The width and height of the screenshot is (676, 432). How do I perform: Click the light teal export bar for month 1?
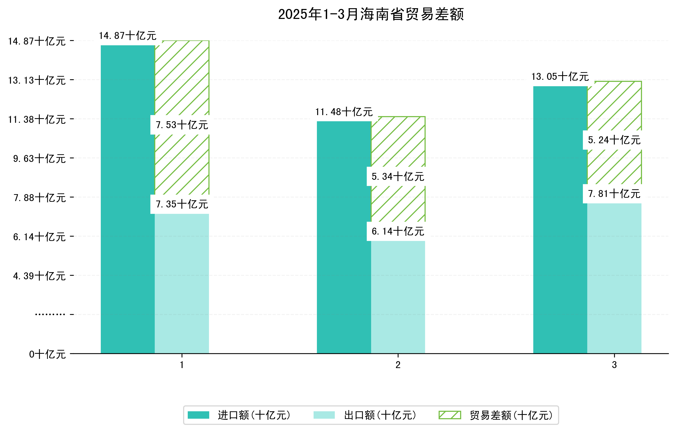pos(182,283)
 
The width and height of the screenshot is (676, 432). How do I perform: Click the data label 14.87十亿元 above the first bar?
pos(128,36)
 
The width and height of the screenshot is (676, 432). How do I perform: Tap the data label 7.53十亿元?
pos(182,125)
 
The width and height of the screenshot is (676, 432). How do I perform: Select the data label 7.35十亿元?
pos(182,204)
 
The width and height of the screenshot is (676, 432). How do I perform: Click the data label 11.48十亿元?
pos(344,112)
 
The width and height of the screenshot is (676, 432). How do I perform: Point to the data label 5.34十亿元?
pos(398,176)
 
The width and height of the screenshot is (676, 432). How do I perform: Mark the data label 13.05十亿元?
pos(560,77)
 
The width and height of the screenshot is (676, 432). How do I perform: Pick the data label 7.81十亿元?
pos(614,194)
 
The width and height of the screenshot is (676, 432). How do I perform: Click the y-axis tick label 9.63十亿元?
pos(39,159)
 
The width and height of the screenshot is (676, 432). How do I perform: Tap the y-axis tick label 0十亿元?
pos(47,354)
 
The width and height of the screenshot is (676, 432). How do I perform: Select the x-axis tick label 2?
pos(398,365)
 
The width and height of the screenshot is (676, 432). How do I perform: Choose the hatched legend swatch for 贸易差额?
pos(450,415)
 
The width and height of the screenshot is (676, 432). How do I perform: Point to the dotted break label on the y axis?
pos(50,314)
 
